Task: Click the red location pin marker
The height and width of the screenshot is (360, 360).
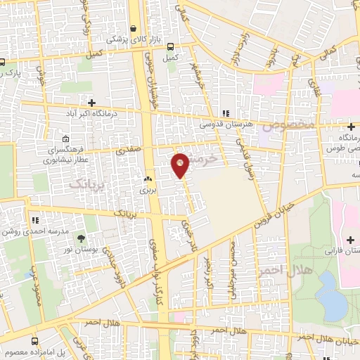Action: coord(181,165)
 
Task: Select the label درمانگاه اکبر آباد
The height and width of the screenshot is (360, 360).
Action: coord(71,112)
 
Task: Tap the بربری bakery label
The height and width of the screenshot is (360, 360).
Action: coord(146,190)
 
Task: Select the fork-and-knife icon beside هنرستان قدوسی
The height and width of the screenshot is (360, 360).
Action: coord(225,113)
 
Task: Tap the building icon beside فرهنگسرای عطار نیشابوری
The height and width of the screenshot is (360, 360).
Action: coord(65,139)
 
